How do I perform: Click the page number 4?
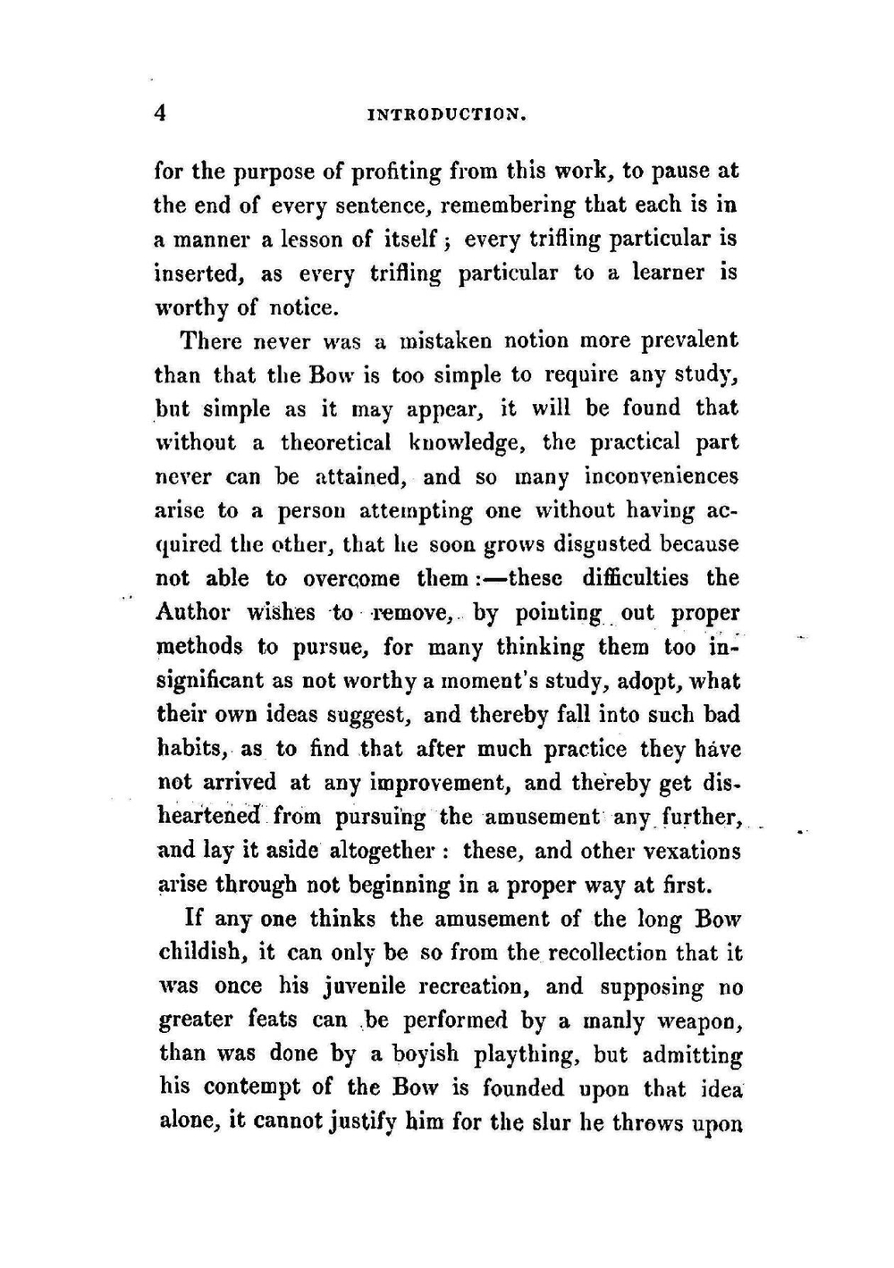(161, 113)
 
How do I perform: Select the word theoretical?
(335, 442)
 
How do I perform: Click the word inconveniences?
(661, 476)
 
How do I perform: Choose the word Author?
(194, 612)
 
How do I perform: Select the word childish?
(199, 953)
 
